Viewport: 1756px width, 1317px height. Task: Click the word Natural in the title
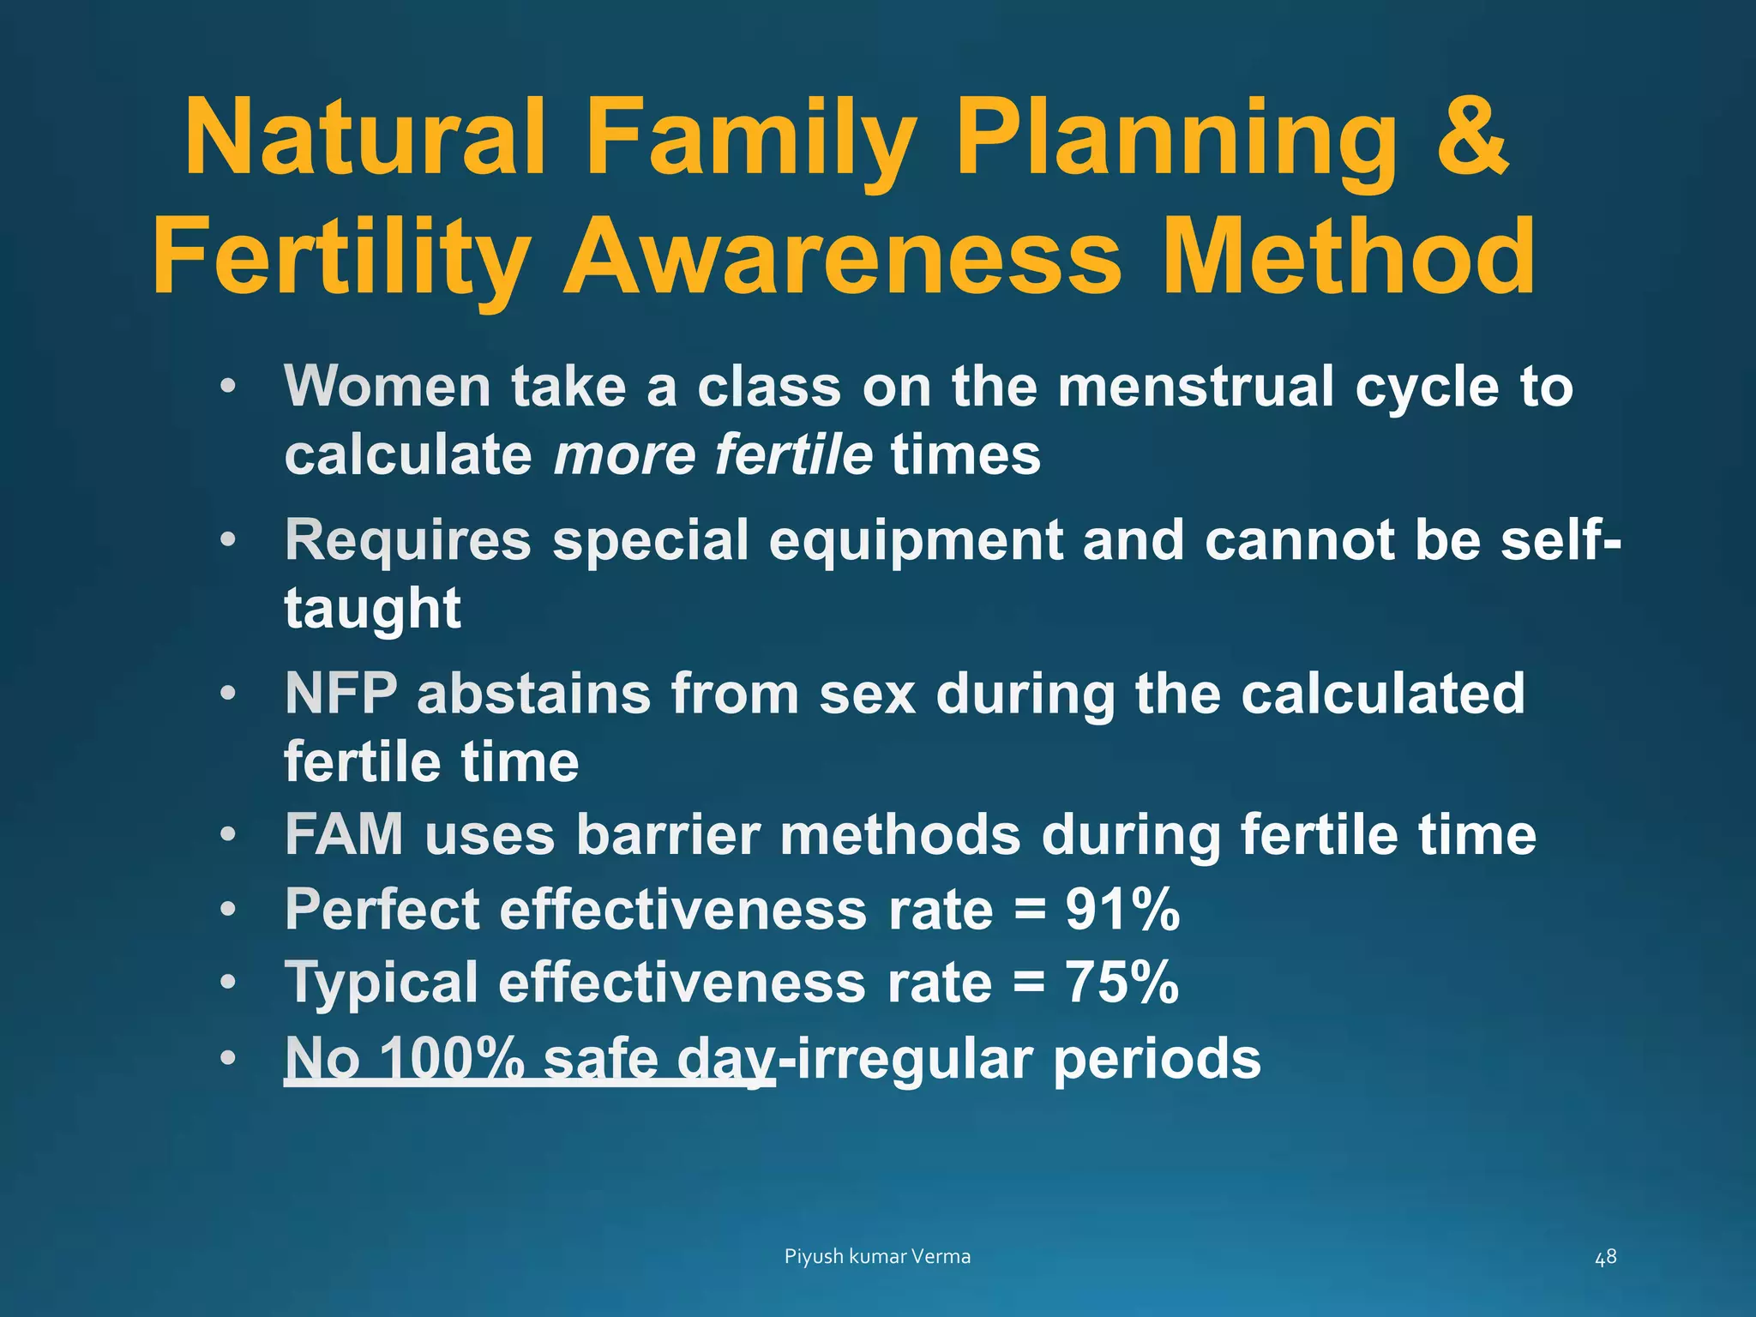pyautogui.click(x=365, y=137)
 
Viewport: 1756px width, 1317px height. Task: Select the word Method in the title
pyautogui.click(x=1350, y=257)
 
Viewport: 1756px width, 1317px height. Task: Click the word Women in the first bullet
pyautogui.click(x=388, y=387)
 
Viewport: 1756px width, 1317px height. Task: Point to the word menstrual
pyautogui.click(x=1195, y=387)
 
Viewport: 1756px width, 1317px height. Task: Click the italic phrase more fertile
pyautogui.click(x=713, y=454)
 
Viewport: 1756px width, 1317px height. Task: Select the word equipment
pyautogui.click(x=915, y=541)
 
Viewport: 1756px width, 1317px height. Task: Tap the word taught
pyautogui.click(x=373, y=609)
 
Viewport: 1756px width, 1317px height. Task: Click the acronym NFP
pyautogui.click(x=341, y=694)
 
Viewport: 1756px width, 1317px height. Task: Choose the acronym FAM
pyautogui.click(x=344, y=834)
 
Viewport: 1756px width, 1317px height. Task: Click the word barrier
pyautogui.click(x=668, y=834)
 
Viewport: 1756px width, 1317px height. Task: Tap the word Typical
pyautogui.click(x=382, y=983)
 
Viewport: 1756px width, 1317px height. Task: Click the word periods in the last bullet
pyautogui.click(x=1157, y=1059)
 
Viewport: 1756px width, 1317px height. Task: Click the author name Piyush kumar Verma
pyautogui.click(x=877, y=1257)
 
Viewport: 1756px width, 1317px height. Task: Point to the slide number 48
pyautogui.click(x=1605, y=1257)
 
